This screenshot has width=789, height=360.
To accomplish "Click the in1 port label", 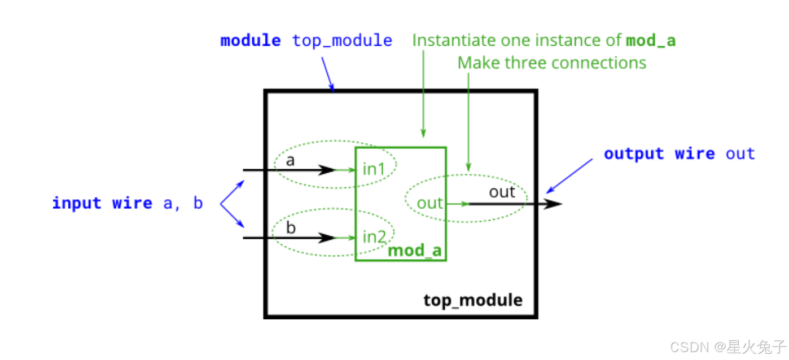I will point(373,169).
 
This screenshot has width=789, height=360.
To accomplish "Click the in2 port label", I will point(374,236).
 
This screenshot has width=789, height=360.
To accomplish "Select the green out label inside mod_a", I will point(429,203).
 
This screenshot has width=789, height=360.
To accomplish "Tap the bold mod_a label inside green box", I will point(415,251).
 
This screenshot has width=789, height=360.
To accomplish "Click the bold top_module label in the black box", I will point(473,300).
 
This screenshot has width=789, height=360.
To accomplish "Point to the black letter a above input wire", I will point(290,161).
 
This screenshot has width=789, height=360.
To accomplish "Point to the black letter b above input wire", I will point(291,229).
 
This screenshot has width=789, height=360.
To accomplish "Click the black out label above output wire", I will point(502,192).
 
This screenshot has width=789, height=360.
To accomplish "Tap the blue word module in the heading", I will point(250,41).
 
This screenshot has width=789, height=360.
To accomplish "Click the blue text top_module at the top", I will point(342,41).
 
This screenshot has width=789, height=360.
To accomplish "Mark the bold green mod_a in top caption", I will point(651,41).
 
